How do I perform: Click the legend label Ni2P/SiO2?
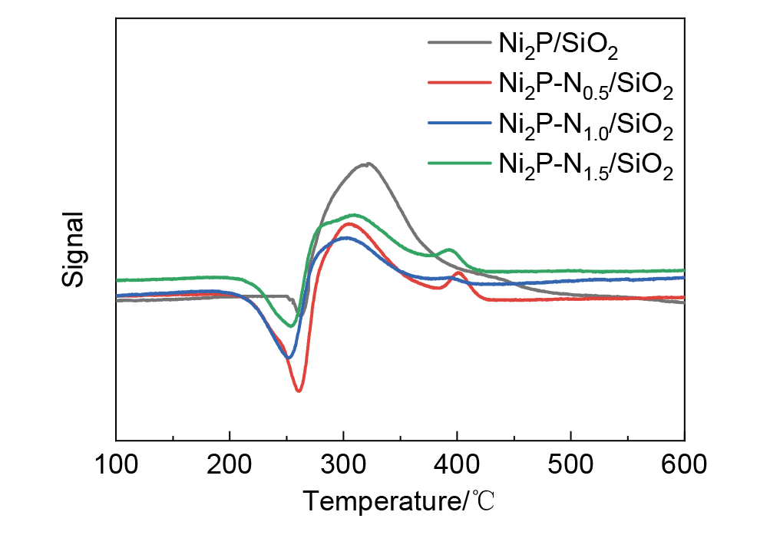point(559,46)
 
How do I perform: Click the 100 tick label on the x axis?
point(116,464)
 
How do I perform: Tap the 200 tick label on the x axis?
point(230,464)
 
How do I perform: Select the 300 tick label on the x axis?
point(343,464)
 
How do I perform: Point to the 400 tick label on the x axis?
point(457,464)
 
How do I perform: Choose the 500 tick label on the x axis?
point(570,464)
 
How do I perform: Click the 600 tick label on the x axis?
point(683,464)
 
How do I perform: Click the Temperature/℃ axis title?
point(399,502)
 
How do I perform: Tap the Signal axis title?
point(73,249)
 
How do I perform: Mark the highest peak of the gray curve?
point(369,163)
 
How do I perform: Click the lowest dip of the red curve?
point(299,391)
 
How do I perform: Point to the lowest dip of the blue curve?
point(288,358)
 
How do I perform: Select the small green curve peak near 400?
point(450,249)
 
